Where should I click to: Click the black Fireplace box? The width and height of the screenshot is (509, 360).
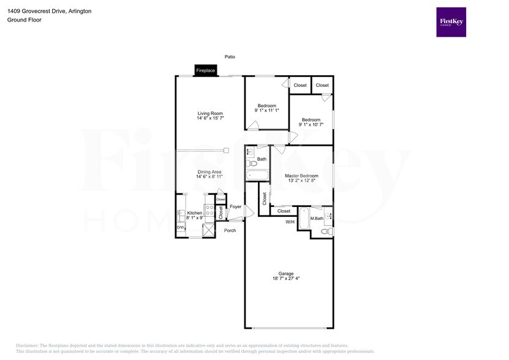tap(205, 70)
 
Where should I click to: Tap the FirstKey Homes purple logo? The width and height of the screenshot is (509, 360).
tap(451, 22)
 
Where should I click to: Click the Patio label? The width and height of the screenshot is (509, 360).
tap(230, 56)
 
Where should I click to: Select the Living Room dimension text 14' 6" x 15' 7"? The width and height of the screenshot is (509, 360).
tap(210, 118)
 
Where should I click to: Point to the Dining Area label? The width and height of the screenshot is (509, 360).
tap(209, 172)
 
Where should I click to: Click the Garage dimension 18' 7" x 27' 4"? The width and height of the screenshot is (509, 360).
tap(286, 279)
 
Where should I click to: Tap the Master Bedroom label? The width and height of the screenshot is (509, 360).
tap(301, 176)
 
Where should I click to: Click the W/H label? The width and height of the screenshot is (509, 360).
tap(290, 222)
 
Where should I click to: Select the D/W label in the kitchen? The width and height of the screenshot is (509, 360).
tap(181, 228)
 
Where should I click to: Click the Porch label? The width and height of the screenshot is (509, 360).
tap(230, 230)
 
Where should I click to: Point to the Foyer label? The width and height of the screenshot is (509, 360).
tap(236, 208)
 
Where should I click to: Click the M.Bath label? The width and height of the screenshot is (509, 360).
tap(317, 218)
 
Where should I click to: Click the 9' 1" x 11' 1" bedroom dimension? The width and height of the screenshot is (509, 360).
tap(267, 110)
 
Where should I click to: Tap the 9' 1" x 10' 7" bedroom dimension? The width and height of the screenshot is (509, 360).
tap(311, 124)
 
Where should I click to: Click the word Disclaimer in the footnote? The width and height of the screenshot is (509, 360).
tap(27, 346)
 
